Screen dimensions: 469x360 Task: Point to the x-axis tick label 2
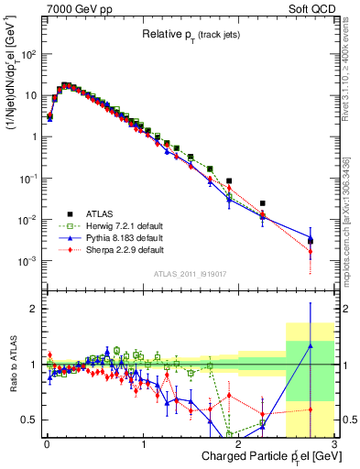(x=239, y=444)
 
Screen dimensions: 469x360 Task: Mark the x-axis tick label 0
(x=47, y=444)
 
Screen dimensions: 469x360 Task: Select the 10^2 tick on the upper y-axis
(x=27, y=54)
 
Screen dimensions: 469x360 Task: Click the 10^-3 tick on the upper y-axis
(x=27, y=261)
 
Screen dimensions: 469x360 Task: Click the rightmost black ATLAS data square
(x=311, y=241)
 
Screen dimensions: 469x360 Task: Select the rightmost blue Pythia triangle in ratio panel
(x=311, y=345)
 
